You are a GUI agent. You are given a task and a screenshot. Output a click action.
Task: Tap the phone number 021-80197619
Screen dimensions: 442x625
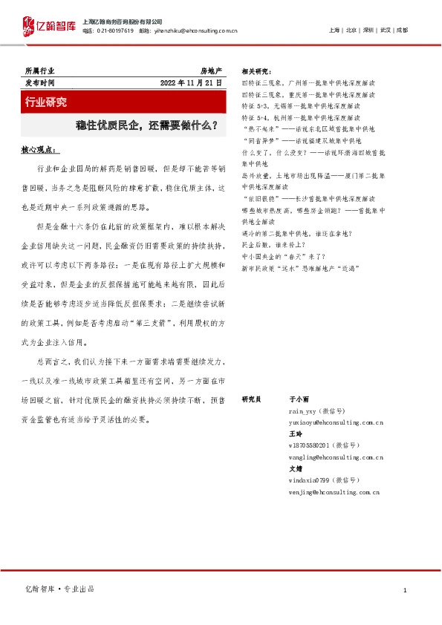coord(114,30)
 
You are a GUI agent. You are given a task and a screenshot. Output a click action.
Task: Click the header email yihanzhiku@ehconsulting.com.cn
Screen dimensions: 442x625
coord(198,30)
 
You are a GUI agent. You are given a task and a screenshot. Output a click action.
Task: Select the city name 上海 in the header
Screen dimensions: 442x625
coord(334,30)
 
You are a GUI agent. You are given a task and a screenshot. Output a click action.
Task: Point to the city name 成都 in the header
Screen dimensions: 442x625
coord(401,30)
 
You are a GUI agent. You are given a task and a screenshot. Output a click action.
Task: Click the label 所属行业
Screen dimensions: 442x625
coord(40,71)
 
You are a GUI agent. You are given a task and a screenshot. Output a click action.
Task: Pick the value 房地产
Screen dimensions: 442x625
coord(211,71)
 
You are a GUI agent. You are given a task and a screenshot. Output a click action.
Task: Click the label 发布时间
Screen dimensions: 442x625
coord(40,83)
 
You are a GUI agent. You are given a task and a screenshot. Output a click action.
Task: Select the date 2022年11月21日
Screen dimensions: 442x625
coord(191,83)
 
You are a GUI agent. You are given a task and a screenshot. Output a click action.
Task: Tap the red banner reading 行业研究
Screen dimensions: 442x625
coord(46,101)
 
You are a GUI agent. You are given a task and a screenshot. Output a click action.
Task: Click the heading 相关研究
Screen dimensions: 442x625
coord(257,71)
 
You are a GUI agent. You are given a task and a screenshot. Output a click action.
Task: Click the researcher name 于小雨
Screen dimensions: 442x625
coord(299,399)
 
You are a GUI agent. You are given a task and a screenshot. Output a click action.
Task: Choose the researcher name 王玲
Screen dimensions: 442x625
coord(295,433)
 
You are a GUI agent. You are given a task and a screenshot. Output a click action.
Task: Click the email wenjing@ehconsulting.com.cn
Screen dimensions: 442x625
coord(334,491)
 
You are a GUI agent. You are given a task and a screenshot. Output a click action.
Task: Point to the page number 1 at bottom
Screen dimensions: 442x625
coord(405,590)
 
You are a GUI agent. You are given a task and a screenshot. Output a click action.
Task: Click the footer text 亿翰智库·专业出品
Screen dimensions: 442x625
coord(61,589)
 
